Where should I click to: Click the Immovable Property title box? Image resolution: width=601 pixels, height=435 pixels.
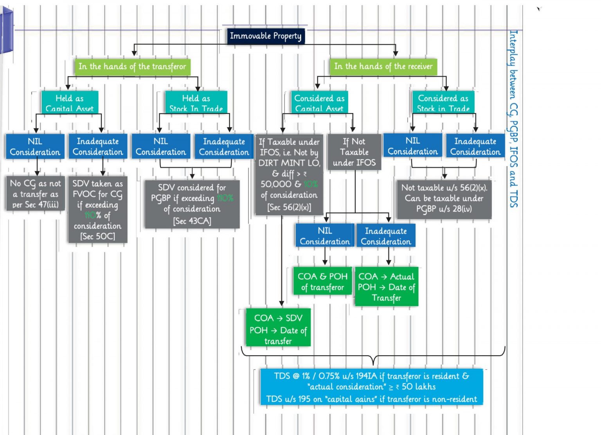(x=265, y=36)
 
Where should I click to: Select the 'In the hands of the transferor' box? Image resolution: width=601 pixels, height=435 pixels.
(x=132, y=67)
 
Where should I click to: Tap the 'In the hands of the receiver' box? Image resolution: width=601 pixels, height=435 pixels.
(x=383, y=67)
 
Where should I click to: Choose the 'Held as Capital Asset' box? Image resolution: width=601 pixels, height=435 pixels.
(x=70, y=102)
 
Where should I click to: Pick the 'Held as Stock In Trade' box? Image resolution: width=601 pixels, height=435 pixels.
(x=196, y=102)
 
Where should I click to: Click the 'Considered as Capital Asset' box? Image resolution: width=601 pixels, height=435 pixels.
(x=319, y=102)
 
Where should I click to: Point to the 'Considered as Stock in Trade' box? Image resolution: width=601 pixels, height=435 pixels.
(x=443, y=102)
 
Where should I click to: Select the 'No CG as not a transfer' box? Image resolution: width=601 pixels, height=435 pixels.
(x=35, y=194)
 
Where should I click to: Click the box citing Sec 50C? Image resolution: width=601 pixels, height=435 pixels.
(x=97, y=210)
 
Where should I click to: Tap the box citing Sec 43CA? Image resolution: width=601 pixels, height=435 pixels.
(x=192, y=204)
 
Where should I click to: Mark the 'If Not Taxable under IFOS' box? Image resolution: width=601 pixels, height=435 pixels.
(x=354, y=152)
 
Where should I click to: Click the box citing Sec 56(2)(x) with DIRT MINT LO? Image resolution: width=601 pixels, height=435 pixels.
(x=289, y=174)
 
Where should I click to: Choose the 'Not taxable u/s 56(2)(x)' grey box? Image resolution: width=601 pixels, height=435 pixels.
(x=444, y=199)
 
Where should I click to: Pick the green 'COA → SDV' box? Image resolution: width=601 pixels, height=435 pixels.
(x=278, y=328)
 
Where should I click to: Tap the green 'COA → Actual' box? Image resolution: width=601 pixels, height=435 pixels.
(x=386, y=287)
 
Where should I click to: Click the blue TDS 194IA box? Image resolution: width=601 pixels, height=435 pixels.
(x=371, y=387)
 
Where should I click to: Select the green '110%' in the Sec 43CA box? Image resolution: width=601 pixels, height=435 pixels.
(x=225, y=198)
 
